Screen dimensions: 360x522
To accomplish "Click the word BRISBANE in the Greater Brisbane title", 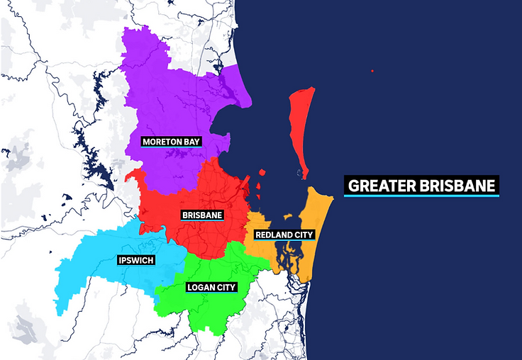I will (x=459, y=186).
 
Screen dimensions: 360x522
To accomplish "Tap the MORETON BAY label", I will (x=171, y=142).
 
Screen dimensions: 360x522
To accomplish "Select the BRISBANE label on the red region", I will (x=202, y=215).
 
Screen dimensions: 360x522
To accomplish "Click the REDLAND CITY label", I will (x=284, y=235).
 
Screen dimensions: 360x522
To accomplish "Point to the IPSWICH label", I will (x=136, y=260).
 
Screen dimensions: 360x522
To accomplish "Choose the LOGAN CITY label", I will (x=211, y=287).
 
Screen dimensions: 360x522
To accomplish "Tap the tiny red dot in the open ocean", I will (x=372, y=71).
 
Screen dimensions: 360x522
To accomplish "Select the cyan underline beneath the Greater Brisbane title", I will (x=422, y=196).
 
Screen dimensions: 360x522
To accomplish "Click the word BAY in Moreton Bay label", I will (x=191, y=142).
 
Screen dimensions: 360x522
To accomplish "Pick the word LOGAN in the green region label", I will (x=201, y=287).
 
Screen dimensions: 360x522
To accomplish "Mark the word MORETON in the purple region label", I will (x=162, y=142).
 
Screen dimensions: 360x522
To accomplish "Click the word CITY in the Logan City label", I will (x=226, y=287).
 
